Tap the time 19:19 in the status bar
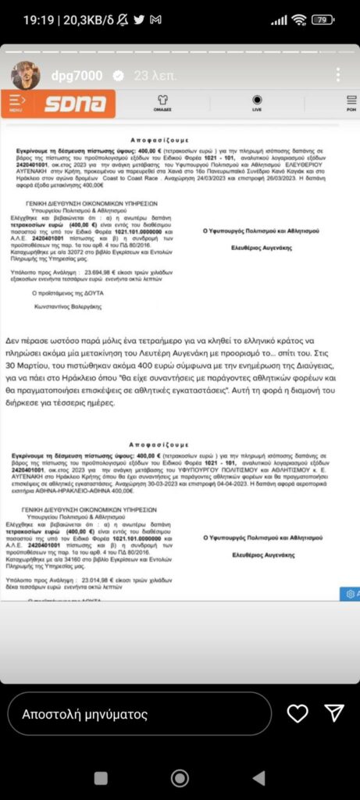tap(37, 20)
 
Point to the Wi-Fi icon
tap(298, 20)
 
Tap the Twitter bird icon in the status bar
tap(138, 20)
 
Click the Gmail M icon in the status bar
tap(156, 20)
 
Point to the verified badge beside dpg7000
tap(119, 76)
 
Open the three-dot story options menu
tap(337, 75)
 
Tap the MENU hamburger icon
tap(16, 102)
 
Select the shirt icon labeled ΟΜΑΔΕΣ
tap(163, 101)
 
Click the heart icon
tap(298, 713)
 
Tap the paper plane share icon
tap(334, 713)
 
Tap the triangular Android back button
tap(258, 777)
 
